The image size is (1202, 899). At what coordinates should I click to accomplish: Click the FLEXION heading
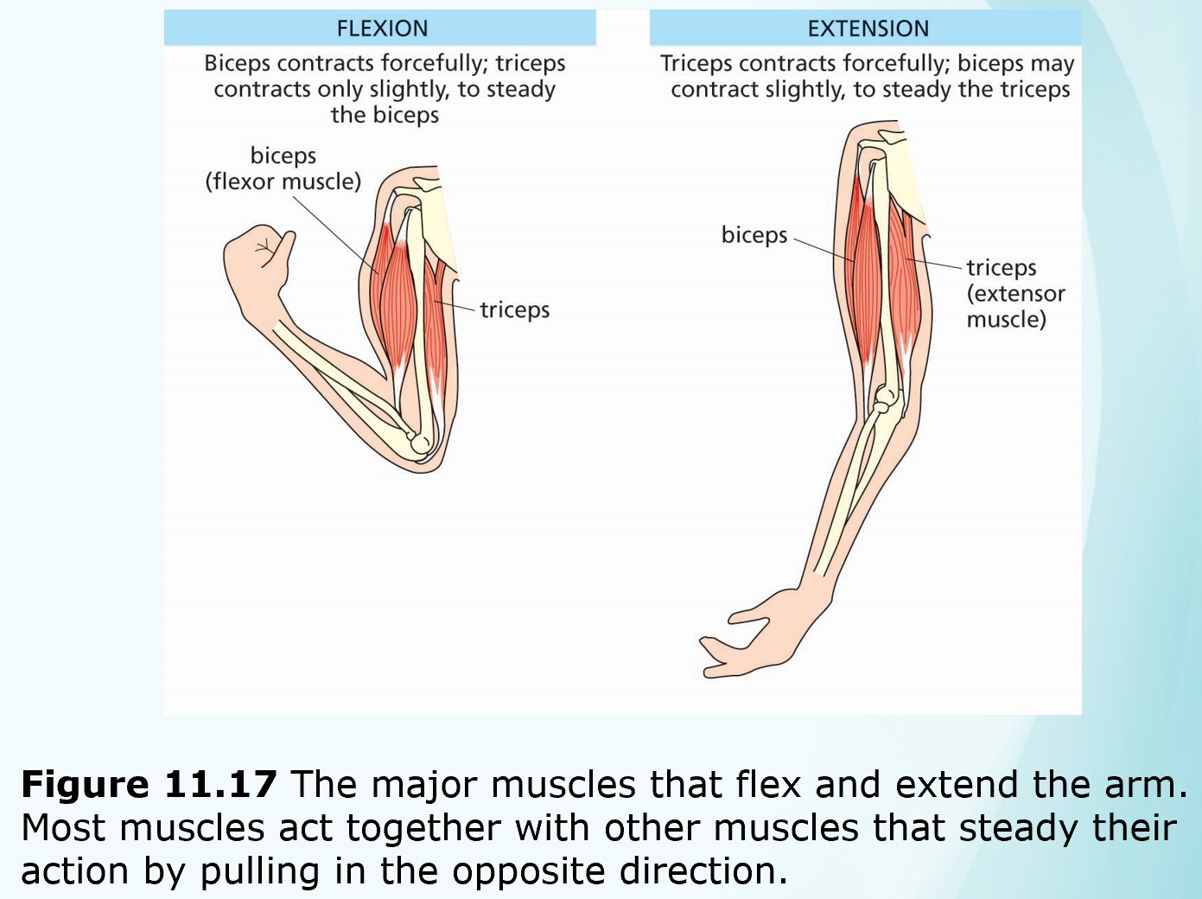pos(382,29)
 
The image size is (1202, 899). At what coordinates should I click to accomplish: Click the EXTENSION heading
pos(868,29)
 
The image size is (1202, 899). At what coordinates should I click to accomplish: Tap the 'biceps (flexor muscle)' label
pos(283,169)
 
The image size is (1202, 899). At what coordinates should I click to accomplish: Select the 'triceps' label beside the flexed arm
pos(514,309)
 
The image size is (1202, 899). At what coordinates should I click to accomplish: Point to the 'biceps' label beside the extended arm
pos(754,235)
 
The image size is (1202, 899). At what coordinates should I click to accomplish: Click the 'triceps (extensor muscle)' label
pos(1014,293)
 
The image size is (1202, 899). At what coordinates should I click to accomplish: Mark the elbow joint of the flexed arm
pos(419,443)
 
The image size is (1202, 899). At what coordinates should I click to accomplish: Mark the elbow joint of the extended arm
pos(885,398)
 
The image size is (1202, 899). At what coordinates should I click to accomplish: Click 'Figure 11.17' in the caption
pos(149,784)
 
